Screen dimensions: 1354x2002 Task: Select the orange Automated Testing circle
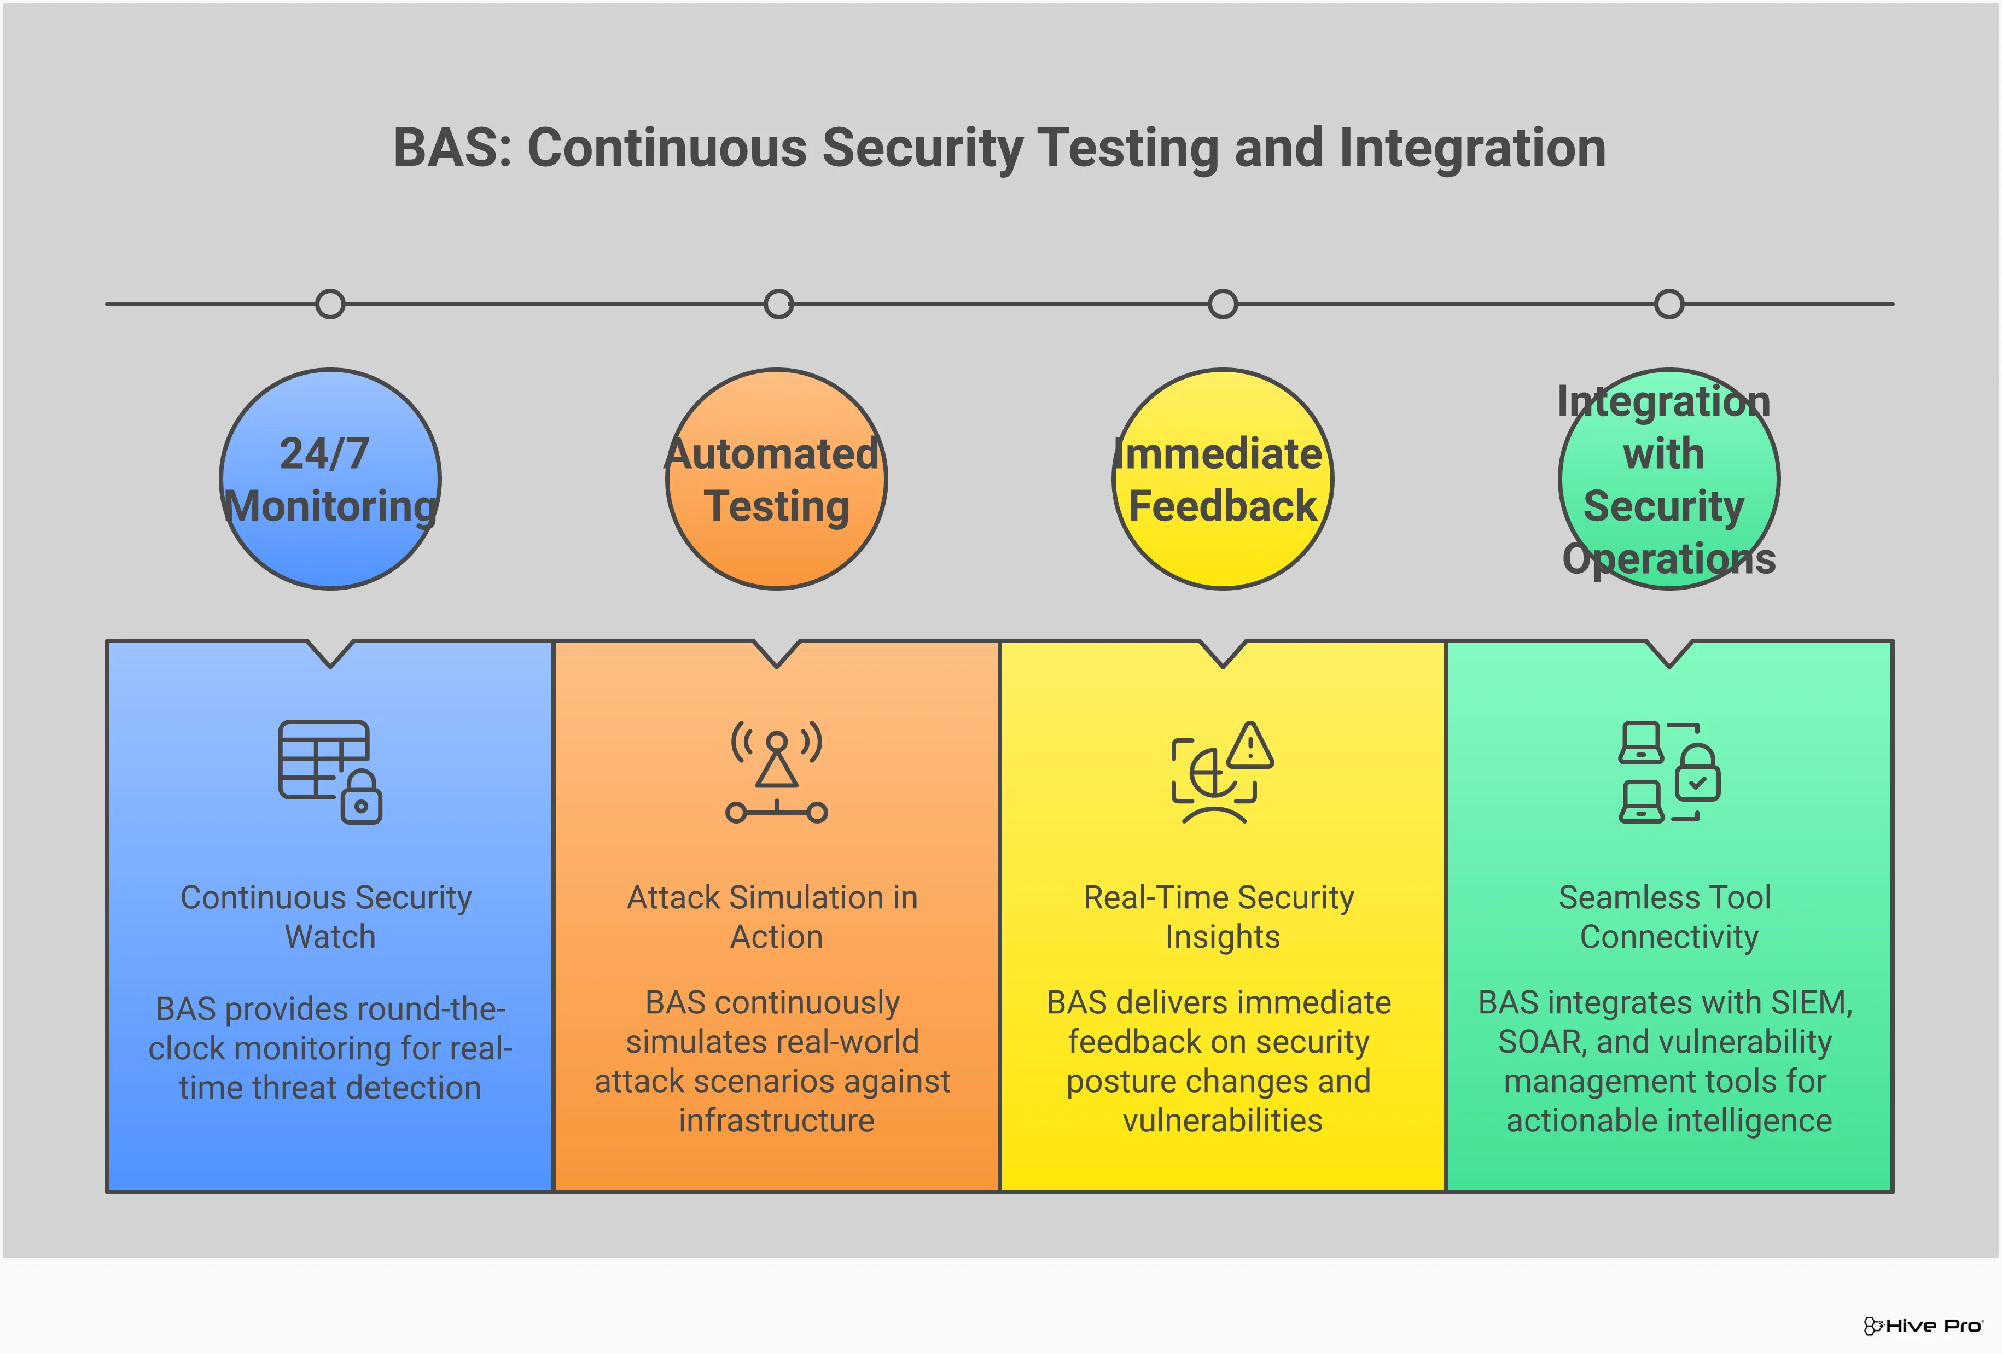coord(776,480)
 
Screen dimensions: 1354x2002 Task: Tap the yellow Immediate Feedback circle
coord(1223,480)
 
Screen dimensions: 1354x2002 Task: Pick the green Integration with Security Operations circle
coord(1669,480)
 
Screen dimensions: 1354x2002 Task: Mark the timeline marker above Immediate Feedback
coord(1223,304)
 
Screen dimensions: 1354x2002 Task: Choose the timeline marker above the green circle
coord(1669,304)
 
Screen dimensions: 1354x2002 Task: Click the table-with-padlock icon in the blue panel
coord(330,772)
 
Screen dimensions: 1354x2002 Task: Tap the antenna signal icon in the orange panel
coord(776,772)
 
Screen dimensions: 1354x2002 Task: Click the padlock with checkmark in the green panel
coord(1697,773)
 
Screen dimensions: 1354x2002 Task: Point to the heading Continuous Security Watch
coord(327,917)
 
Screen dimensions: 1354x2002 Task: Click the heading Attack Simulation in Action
coord(773,917)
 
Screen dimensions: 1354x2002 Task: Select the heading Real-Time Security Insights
coord(1220,917)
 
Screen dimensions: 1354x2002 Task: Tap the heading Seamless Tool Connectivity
coord(1667,917)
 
